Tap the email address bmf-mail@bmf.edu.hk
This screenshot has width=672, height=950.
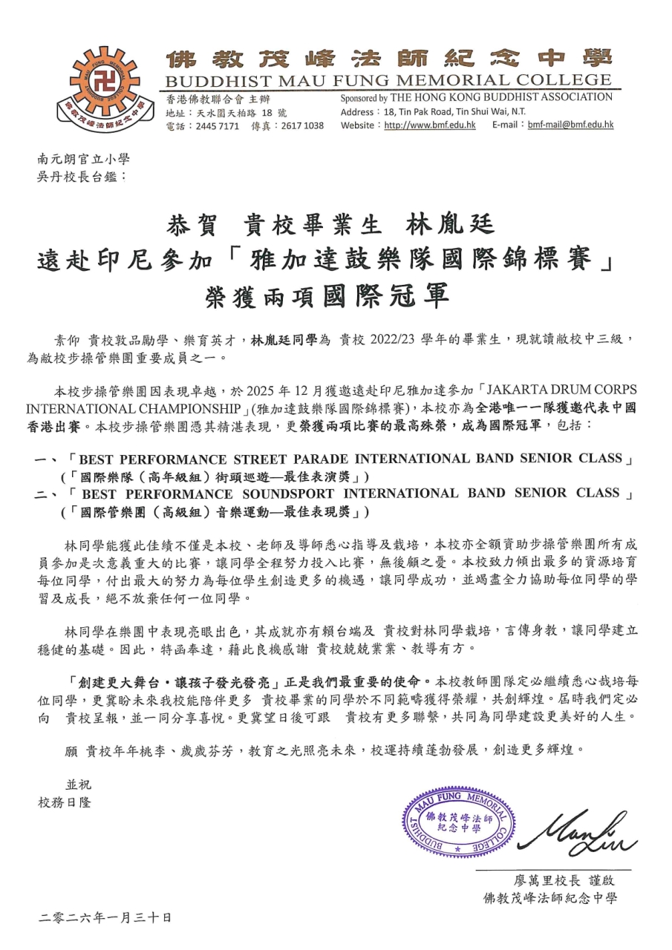point(570,125)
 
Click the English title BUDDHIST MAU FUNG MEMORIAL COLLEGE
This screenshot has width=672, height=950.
point(388,81)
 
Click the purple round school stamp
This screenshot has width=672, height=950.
point(458,823)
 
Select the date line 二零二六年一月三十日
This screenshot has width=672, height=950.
point(105,918)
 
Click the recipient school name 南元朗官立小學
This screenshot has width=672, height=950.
point(83,159)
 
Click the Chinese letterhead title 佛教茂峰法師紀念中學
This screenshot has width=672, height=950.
point(388,57)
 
